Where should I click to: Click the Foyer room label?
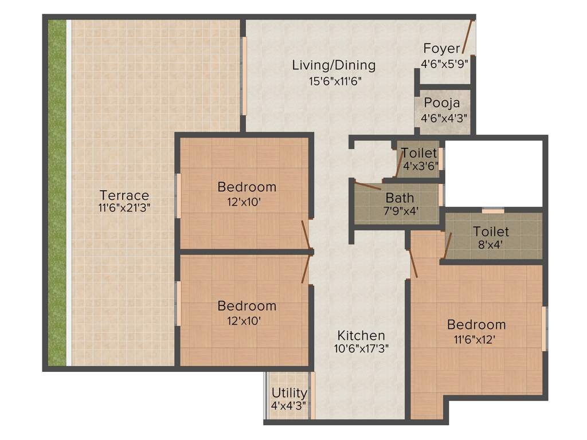tap(441, 48)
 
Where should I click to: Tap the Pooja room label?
tap(441, 103)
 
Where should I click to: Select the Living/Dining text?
tap(334, 65)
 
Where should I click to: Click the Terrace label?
tap(124, 195)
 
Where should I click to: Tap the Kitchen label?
tap(361, 335)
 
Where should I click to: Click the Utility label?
tap(289, 393)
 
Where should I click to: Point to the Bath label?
tap(400, 198)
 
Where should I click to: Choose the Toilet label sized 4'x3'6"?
tap(419, 153)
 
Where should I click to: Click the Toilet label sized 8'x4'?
tap(491, 231)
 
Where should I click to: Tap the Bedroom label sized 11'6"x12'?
tap(476, 325)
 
